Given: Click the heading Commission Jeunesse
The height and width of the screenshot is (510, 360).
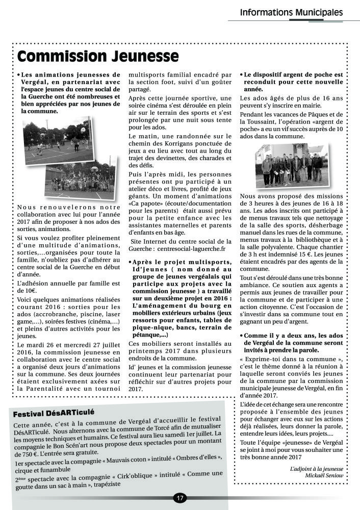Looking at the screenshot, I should pos(97,56).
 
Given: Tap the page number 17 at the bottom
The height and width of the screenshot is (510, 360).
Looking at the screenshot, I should pos(180,498).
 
